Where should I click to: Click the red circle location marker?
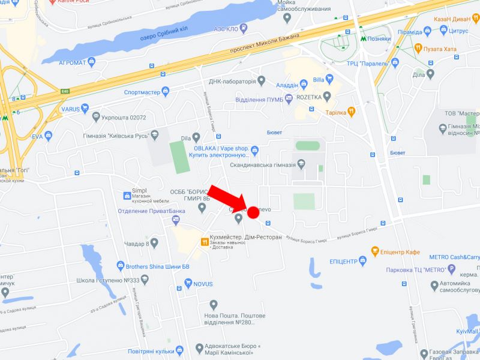pyautogui.click(x=253, y=211)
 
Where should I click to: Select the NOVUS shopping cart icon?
pyautogui.click(x=188, y=283)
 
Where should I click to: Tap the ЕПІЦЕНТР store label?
pyautogui.click(x=343, y=262)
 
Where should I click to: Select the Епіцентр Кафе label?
pyautogui.click(x=400, y=252)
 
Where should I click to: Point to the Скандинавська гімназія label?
pyautogui.click(x=262, y=164)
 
